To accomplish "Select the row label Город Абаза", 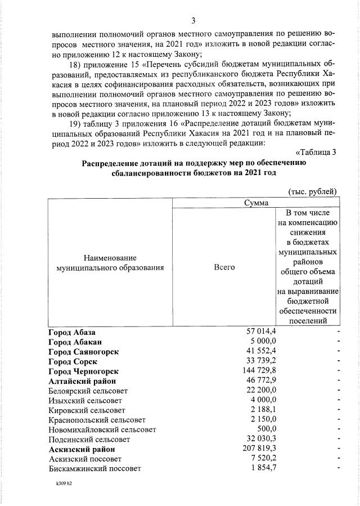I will (71, 332).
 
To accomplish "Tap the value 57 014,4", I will (256, 332).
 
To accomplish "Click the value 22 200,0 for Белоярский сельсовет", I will (256, 391).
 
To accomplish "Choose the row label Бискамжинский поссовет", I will (94, 468).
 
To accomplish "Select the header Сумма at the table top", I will (255, 203).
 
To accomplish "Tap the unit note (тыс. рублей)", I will (312, 191).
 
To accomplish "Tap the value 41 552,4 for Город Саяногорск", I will (256, 352).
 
